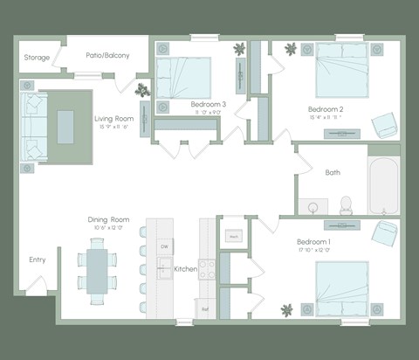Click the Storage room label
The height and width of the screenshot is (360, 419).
pos(36,58)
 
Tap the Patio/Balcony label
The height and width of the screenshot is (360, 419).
pos(107,55)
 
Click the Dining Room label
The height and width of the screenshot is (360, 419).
pos(108,219)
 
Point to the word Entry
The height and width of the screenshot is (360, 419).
pos(37,260)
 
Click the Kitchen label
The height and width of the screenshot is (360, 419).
pos(186,268)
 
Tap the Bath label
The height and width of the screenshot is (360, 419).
pos(333,172)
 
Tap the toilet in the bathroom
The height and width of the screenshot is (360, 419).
pos(345,204)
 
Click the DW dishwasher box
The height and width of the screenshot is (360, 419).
pos(163,247)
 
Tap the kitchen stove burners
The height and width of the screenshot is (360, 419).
pos(208,269)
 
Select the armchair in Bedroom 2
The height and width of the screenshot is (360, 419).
pos(381,126)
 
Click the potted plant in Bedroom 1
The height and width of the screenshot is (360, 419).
pos(287,308)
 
